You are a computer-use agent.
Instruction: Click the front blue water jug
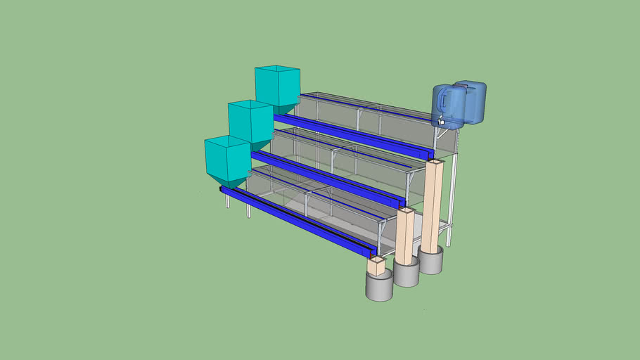tap(448, 105)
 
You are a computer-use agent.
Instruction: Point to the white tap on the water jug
tap(441, 123)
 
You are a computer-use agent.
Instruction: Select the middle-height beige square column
tap(405, 236)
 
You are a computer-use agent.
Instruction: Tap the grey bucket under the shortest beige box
tap(379, 288)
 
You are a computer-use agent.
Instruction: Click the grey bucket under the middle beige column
tap(407, 274)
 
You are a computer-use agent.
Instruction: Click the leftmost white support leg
tap(227, 201)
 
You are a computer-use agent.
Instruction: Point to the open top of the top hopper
tap(277, 70)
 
